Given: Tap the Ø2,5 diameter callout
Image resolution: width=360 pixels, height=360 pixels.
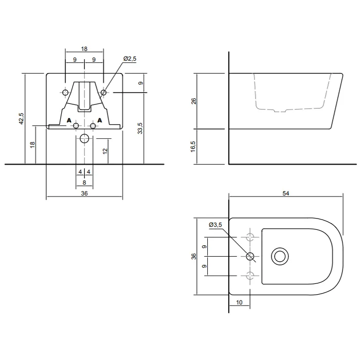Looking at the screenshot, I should pyautogui.click(x=130, y=60).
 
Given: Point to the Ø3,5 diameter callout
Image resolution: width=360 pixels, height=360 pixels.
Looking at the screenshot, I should pyautogui.click(x=215, y=225).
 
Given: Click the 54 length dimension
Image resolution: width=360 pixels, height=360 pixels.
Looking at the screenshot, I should pyautogui.click(x=286, y=193).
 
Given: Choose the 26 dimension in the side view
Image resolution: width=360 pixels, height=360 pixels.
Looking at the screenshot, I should pyautogui.click(x=194, y=101).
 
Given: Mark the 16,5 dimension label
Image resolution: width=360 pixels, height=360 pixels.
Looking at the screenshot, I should pyautogui.click(x=194, y=147).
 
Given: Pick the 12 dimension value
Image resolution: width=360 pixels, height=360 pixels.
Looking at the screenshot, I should pyautogui.click(x=104, y=151).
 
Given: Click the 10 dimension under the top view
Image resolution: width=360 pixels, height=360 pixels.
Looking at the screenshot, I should pyautogui.click(x=240, y=302).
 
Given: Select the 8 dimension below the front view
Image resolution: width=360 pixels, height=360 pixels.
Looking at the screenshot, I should pyautogui.click(x=84, y=182).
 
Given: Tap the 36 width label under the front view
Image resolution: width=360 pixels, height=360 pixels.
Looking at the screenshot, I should pyautogui.click(x=84, y=194).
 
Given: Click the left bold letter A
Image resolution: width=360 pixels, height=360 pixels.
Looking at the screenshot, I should pyautogui.click(x=69, y=120).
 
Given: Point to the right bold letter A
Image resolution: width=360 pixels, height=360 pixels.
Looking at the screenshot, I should pyautogui.click(x=100, y=120).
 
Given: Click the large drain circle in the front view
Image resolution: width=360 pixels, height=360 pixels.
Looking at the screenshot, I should pyautogui.click(x=84, y=138).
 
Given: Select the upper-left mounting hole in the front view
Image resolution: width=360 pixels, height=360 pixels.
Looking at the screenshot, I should pyautogui.click(x=65, y=92).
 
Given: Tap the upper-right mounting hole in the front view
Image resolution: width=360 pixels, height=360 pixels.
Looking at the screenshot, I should pyautogui.click(x=103, y=92).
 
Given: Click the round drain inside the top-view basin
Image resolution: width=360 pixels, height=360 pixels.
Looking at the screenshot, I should pyautogui.click(x=280, y=256).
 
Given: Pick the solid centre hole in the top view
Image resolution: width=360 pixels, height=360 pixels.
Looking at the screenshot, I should pyautogui.click(x=250, y=256).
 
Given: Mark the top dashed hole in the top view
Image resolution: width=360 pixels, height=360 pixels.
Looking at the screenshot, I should pyautogui.click(x=250, y=237).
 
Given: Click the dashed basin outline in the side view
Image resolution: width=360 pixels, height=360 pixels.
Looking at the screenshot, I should pyautogui.click(x=291, y=109).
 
